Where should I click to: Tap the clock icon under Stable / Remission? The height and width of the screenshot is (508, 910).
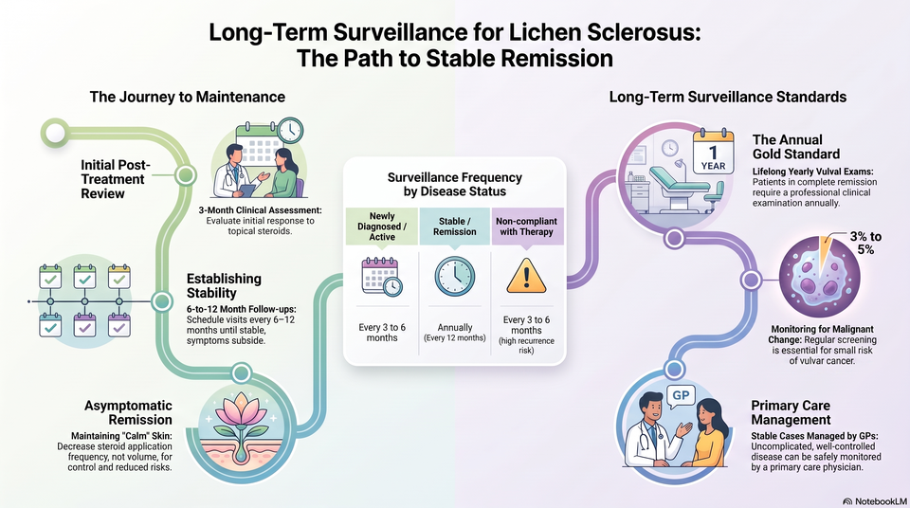454,277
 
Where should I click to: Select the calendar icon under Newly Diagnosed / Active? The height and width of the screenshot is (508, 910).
382,277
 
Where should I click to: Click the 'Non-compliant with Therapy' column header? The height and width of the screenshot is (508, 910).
527,227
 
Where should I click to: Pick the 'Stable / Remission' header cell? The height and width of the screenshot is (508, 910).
454,227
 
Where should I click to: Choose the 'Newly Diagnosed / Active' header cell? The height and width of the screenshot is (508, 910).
382,227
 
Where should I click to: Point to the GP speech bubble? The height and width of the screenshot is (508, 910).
681,397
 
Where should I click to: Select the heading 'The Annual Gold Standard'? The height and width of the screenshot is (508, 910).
796,147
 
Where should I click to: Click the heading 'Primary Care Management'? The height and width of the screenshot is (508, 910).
791,413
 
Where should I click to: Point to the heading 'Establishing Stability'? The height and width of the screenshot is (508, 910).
224,285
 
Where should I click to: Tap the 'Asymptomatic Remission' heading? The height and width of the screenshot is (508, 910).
128,413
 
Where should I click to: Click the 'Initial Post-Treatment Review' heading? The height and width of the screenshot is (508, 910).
115,179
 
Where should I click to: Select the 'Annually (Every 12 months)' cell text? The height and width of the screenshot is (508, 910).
454,332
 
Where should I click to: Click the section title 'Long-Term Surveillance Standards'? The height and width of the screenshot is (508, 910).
727,97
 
